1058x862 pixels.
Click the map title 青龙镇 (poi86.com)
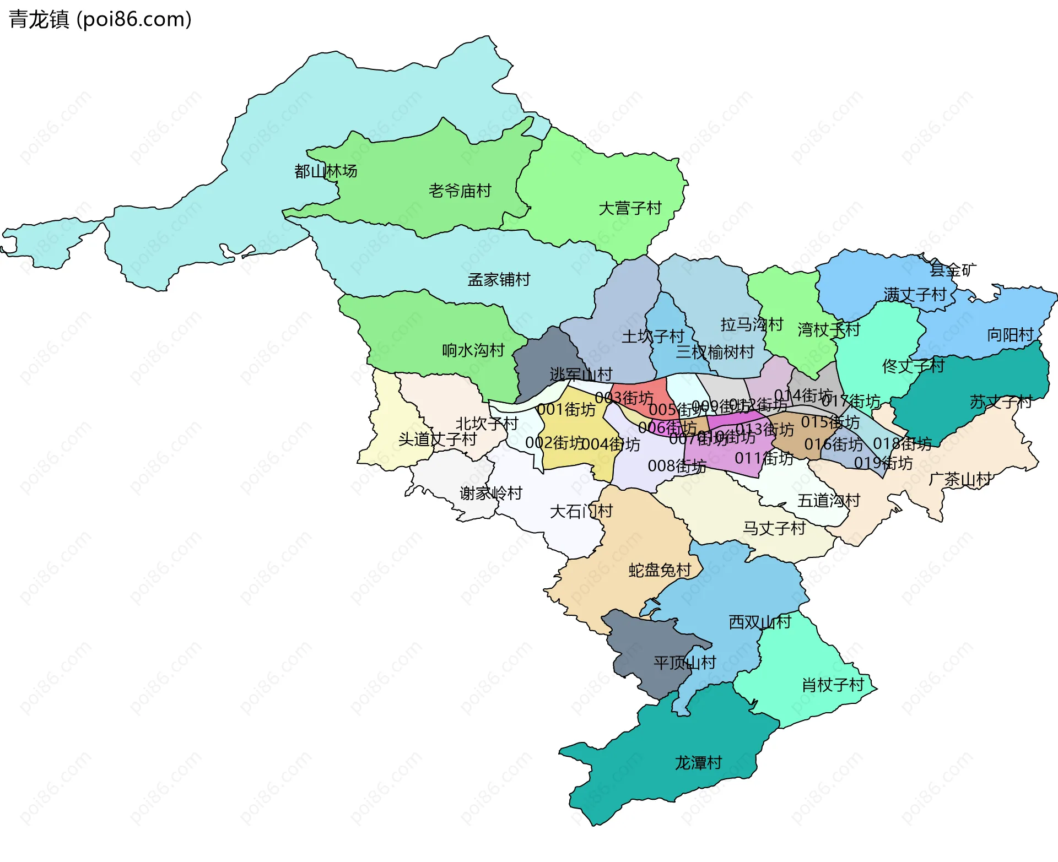click(100, 19)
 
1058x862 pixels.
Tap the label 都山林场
click(326, 171)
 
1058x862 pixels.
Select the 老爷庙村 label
click(460, 191)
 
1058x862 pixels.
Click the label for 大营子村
click(630, 208)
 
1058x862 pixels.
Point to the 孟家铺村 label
click(499, 280)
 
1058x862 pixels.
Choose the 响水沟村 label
click(473, 350)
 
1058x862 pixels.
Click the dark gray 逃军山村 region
click(543, 358)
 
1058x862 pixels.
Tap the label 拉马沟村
click(752, 324)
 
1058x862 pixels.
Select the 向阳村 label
click(1010, 335)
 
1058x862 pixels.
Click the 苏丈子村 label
click(1001, 402)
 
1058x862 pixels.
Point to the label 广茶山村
click(960, 479)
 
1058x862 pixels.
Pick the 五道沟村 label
click(829, 501)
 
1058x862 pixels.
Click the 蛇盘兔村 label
click(660, 570)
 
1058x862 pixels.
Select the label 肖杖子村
click(833, 685)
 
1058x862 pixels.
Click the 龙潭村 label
click(698, 763)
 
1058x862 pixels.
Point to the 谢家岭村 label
click(490, 493)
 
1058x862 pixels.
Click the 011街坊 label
click(764, 458)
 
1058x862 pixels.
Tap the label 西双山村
click(760, 622)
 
